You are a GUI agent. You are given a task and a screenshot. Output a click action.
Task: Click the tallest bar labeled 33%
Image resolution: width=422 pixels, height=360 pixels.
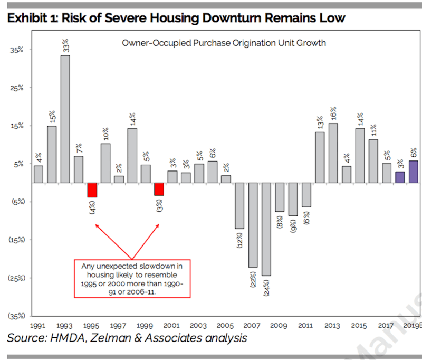65,119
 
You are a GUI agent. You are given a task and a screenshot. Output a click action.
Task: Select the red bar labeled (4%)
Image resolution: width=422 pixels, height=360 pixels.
92,190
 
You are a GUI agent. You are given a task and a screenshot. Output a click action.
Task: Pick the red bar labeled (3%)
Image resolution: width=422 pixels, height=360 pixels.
159,190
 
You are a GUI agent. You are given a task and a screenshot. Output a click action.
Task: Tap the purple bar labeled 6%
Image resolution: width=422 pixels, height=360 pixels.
414,172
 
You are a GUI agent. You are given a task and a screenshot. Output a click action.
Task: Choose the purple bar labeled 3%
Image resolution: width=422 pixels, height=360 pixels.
400,177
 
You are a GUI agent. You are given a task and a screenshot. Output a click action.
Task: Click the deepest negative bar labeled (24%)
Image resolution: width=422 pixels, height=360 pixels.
266,229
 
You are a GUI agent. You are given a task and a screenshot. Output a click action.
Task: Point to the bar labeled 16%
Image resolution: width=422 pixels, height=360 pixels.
333,153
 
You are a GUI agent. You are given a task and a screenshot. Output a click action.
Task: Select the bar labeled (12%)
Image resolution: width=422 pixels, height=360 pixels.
239,206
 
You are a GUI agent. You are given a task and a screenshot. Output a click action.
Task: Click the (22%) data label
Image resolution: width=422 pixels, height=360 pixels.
253,279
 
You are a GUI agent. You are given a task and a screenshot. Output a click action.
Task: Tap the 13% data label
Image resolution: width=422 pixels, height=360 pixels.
320,122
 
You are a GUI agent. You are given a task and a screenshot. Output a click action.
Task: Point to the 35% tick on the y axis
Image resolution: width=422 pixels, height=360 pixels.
17,50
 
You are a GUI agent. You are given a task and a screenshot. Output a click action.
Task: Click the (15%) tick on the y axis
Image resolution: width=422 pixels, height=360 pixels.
17,240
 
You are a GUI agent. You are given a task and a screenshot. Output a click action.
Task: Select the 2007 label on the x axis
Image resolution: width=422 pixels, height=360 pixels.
252,326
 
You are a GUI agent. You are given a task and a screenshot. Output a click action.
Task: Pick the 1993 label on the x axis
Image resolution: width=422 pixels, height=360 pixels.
64,326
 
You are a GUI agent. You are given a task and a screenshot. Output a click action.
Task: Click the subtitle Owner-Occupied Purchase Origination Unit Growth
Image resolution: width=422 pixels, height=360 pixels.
224,43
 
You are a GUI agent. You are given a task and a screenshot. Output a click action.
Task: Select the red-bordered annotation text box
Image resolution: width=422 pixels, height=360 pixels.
132,279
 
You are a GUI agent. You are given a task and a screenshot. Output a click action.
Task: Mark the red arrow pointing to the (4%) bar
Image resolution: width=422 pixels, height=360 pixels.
113,242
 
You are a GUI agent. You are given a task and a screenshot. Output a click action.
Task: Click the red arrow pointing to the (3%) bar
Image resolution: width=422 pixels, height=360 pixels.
146,242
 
